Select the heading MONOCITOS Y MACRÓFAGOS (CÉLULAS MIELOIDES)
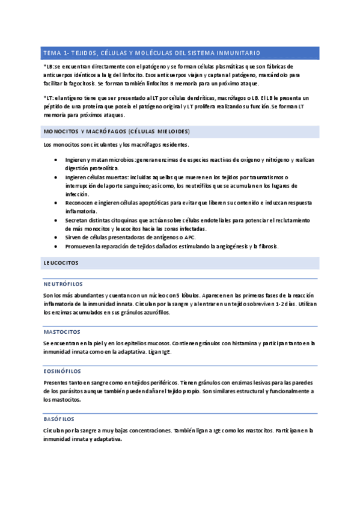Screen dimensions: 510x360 coord(117,131)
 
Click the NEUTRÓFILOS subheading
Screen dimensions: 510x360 coord(63,283)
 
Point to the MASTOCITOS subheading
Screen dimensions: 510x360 coord(62,331)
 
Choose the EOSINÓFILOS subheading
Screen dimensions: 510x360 coord(63,371)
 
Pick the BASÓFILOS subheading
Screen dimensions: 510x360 coord(59,419)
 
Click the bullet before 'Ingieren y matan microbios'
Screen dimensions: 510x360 coord(56,160)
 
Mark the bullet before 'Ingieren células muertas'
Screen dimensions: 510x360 coord(56,177)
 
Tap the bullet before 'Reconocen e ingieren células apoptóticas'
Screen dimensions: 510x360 coord(56,203)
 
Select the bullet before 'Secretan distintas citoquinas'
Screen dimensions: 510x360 coord(56,221)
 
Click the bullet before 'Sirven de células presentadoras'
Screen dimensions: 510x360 coord(56,238)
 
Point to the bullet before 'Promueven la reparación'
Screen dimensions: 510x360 coord(56,247)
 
